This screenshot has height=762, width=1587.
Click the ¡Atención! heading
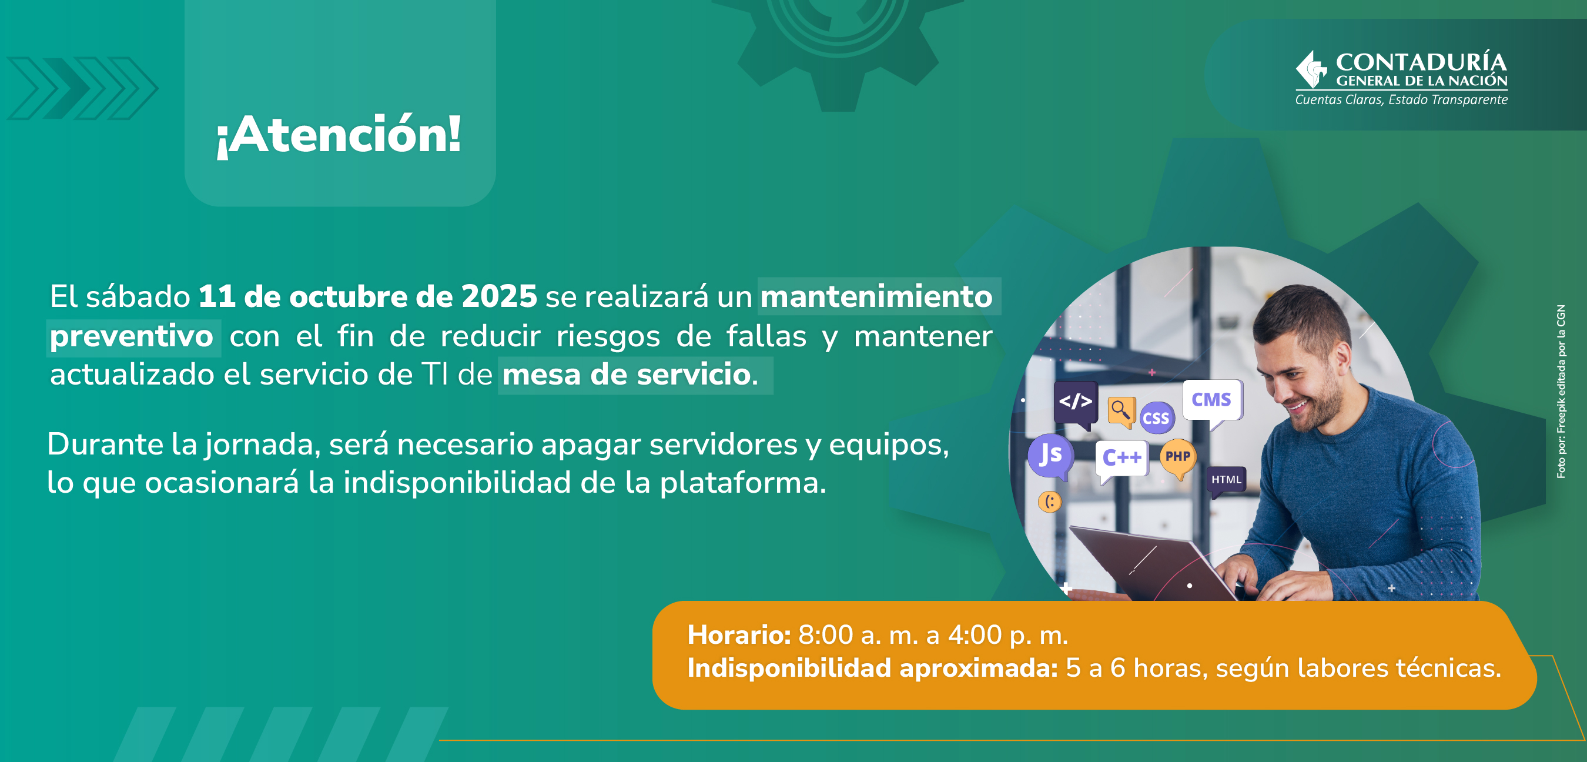(x=339, y=135)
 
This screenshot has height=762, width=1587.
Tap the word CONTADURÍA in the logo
(x=1421, y=62)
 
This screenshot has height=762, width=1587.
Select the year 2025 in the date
(x=499, y=296)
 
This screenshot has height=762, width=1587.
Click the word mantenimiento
(x=876, y=296)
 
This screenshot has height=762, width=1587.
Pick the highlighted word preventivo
(x=131, y=336)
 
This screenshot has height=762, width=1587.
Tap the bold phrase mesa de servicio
(x=626, y=374)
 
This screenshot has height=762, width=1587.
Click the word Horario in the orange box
(x=739, y=634)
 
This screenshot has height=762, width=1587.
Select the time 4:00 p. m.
(x=1008, y=636)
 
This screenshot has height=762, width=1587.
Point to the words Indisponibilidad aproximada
(x=872, y=668)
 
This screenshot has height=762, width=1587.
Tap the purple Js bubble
(x=1050, y=456)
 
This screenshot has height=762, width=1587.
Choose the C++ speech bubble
(x=1121, y=460)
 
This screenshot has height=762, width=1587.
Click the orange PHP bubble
(x=1178, y=458)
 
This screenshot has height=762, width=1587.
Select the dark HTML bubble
(x=1226, y=481)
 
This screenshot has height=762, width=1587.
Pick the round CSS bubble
(x=1156, y=418)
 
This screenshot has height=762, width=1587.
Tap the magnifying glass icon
(x=1121, y=410)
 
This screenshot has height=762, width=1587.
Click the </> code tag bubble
(x=1076, y=403)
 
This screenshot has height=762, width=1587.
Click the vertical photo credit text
(x=1561, y=391)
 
